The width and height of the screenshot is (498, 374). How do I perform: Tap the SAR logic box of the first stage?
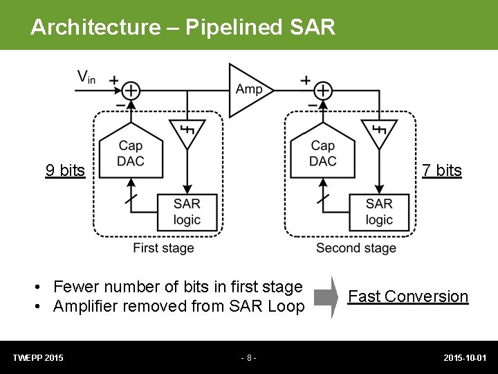click(x=187, y=211)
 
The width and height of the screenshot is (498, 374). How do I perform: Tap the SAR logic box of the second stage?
click(x=379, y=211)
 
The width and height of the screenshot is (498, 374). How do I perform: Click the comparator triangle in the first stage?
click(x=187, y=132)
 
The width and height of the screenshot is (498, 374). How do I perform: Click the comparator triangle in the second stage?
click(x=378, y=132)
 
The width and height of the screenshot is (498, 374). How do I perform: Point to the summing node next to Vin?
click(x=131, y=91)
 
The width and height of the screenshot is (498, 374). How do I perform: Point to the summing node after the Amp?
click(x=323, y=91)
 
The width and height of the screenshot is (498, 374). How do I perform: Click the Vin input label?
click(x=86, y=78)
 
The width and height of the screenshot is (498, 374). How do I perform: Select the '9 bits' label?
click(x=65, y=170)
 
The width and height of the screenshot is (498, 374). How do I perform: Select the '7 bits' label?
click(x=442, y=170)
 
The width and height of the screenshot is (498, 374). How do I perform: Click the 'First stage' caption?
click(x=164, y=248)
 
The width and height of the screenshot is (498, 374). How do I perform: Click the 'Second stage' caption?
click(x=356, y=248)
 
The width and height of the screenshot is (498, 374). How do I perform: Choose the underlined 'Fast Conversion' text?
click(x=408, y=296)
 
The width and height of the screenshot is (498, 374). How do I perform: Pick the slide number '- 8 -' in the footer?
click(x=248, y=358)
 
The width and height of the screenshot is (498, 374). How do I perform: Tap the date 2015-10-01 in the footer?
click(x=465, y=358)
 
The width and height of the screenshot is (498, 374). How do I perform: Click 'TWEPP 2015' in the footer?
click(x=38, y=358)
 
